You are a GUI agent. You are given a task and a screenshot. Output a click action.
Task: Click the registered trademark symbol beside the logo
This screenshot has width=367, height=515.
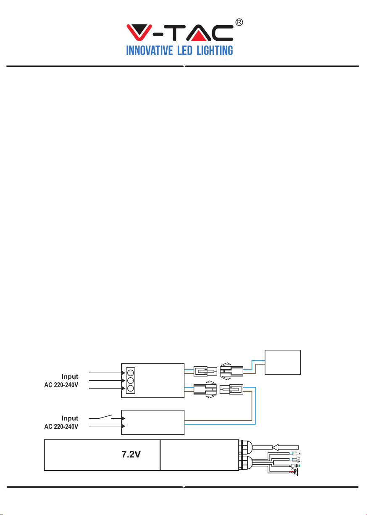239,22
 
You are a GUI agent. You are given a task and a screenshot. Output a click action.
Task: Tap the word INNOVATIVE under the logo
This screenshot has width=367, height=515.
149,50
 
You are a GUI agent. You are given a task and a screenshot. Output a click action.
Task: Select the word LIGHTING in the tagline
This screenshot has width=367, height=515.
215,50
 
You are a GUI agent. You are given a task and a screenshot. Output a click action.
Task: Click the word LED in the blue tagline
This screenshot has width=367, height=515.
185,50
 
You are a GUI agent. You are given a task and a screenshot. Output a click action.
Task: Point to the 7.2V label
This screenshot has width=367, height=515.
131,455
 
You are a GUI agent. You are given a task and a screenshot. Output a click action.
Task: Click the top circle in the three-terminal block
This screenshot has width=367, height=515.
131,373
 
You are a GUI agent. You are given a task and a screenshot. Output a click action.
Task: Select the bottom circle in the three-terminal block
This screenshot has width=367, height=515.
131,388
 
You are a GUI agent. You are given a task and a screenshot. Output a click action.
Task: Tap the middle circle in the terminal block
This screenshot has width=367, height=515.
131,381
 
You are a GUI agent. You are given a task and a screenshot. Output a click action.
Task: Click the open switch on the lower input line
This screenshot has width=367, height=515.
105,417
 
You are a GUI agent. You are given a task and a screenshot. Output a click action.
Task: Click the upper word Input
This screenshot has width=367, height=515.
70,377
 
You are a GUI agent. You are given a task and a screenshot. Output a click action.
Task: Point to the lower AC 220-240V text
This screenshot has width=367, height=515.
61,426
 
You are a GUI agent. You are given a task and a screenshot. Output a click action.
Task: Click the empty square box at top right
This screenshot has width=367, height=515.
283,362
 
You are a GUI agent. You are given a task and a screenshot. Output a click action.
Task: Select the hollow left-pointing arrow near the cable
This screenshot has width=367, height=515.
286,447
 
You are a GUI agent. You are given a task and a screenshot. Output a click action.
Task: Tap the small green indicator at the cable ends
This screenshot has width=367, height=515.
299,466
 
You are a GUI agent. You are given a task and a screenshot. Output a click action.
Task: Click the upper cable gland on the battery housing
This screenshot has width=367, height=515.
245,447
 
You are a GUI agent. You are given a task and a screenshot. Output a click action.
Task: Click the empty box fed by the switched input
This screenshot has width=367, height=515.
152,422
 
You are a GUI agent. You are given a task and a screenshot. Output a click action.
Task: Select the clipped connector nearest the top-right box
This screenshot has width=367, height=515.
231,371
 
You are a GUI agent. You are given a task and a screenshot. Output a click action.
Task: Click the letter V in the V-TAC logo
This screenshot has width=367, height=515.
139,33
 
